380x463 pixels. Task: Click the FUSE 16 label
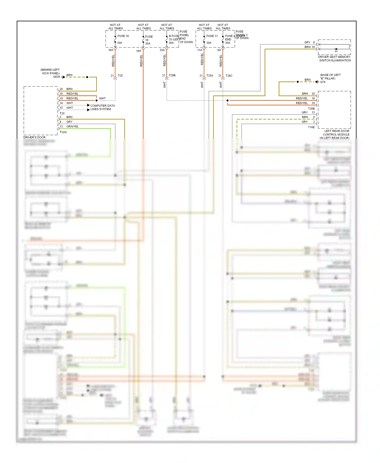tap(123, 36)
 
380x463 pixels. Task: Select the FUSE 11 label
tap(212, 36)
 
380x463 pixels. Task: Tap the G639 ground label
tap(56, 77)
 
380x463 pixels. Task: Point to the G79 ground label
tap(322, 82)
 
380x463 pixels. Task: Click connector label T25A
tap(210, 76)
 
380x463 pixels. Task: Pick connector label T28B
tap(172, 75)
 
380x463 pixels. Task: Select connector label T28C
tap(229, 76)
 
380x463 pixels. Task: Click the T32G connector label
tap(63, 132)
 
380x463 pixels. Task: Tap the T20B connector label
tap(311, 109)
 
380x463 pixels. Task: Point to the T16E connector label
tap(311, 127)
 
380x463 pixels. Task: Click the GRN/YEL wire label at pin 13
tap(72, 126)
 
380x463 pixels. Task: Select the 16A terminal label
tap(111, 50)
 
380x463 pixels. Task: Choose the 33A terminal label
tap(162, 50)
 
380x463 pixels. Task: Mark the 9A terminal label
tap(219, 50)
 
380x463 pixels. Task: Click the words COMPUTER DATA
tap(103, 106)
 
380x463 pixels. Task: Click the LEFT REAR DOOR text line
tap(337, 131)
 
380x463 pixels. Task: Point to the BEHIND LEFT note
tap(50, 70)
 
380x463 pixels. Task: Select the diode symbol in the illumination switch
tap(336, 49)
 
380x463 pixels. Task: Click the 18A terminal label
tap(139, 51)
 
